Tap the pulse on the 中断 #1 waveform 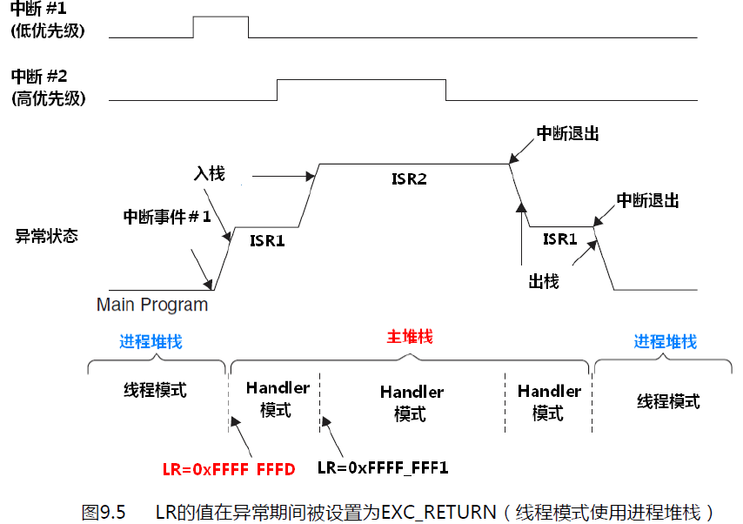click(220, 26)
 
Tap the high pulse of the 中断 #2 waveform click(361, 89)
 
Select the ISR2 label click(409, 179)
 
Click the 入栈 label click(210, 174)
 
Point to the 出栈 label click(543, 281)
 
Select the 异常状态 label click(46, 235)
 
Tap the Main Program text click(152, 305)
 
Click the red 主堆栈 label click(409, 337)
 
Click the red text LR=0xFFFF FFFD click(229, 470)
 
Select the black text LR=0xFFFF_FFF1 click(383, 468)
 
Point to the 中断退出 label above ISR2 click(568, 133)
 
